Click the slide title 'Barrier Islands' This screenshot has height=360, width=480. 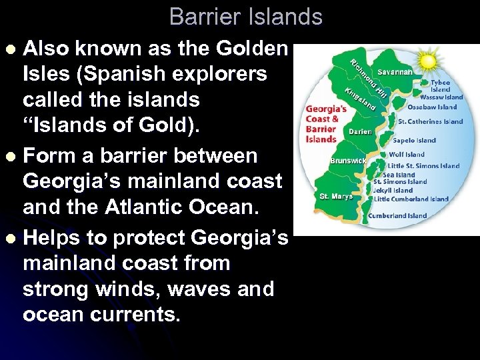click(245, 17)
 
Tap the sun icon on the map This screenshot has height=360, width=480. click(427, 61)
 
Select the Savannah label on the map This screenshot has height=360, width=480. click(395, 71)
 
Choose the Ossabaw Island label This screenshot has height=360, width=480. click(432, 107)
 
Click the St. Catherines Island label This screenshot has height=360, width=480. click(430, 121)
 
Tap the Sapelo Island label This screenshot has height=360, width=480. click(415, 141)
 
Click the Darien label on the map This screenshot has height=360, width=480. click(361, 132)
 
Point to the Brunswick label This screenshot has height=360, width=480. click(349, 161)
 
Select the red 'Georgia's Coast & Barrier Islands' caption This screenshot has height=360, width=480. click(326, 123)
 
